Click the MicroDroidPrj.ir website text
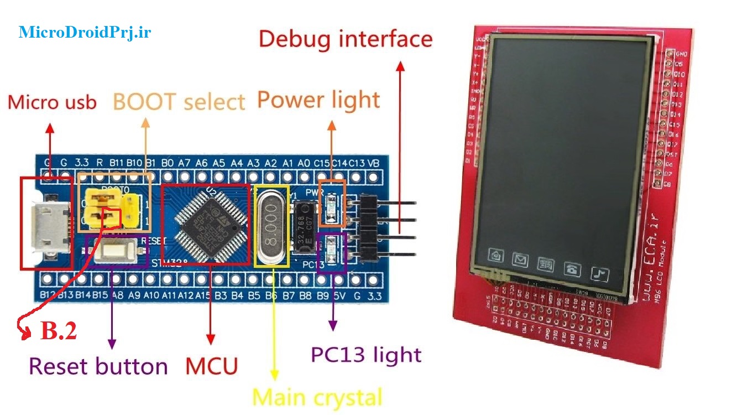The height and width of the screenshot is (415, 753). (x=85, y=32)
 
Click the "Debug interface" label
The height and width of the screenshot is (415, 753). (x=346, y=39)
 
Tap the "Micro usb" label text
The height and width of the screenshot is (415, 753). (x=53, y=102)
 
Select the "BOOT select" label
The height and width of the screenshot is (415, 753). (x=179, y=102)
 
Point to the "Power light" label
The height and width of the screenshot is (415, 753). (x=318, y=100)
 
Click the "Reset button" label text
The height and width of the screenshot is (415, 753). (x=98, y=366)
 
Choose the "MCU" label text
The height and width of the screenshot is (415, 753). (x=211, y=366)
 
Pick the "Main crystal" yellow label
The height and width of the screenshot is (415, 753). (x=317, y=397)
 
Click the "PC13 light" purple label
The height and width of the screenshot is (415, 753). (x=366, y=355)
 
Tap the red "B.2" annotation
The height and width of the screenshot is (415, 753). (x=59, y=330)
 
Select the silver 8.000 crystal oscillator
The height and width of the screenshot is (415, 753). (x=271, y=226)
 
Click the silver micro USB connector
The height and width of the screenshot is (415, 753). (x=50, y=223)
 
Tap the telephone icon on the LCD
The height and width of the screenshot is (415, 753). (x=572, y=269)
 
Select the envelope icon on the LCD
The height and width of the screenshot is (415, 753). (x=520, y=259)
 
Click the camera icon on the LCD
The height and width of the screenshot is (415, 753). (x=496, y=255)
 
